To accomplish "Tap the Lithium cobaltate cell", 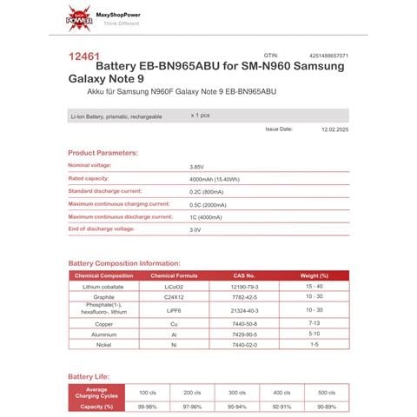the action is [x=103, y=286].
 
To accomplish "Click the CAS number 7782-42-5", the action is [x=244, y=296].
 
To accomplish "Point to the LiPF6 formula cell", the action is [x=174, y=310].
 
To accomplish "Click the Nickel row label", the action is [x=103, y=344].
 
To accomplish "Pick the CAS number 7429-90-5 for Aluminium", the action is [x=244, y=334].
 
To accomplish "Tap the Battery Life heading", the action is [x=89, y=376].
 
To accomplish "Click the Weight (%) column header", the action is [x=314, y=275].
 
